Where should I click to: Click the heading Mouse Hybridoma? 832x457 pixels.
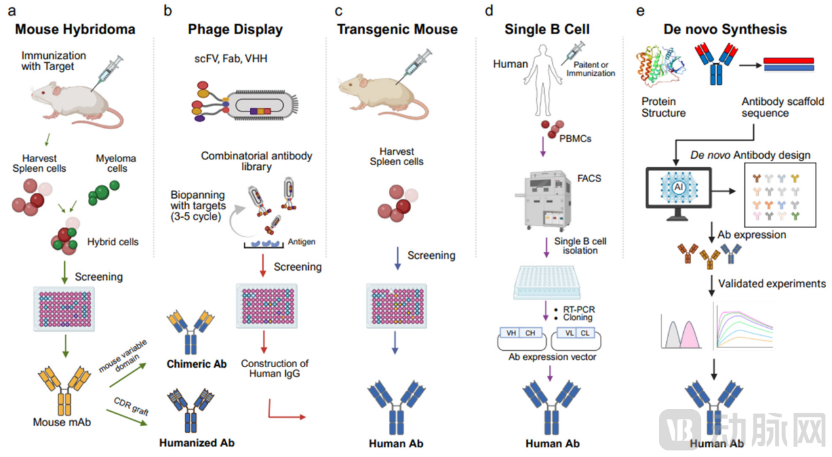pyautogui.click(x=75, y=30)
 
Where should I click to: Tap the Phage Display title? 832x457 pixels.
pyautogui.click(x=235, y=30)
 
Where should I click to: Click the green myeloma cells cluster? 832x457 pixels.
pyautogui.click(x=103, y=193)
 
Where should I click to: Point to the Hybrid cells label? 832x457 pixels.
pyautogui.click(x=113, y=242)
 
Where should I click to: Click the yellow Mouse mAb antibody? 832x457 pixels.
pyautogui.click(x=64, y=390)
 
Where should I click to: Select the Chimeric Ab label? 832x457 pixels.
pyautogui.click(x=197, y=364)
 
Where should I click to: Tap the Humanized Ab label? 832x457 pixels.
pyautogui.click(x=197, y=443)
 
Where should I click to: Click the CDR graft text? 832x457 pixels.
pyautogui.click(x=131, y=406)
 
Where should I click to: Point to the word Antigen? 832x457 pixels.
pyautogui.click(x=302, y=242)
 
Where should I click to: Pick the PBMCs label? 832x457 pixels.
pyautogui.click(x=576, y=138)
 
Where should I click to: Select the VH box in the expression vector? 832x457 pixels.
pyautogui.click(x=511, y=333)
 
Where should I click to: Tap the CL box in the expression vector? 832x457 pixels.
pyautogui.click(x=585, y=333)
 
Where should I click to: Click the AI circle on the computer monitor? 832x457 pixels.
pyautogui.click(x=679, y=187)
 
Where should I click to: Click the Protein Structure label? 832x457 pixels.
pyautogui.click(x=664, y=107)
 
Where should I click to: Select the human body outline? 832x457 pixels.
pyautogui.click(x=542, y=80)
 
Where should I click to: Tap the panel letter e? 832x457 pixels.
pyautogui.click(x=641, y=10)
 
